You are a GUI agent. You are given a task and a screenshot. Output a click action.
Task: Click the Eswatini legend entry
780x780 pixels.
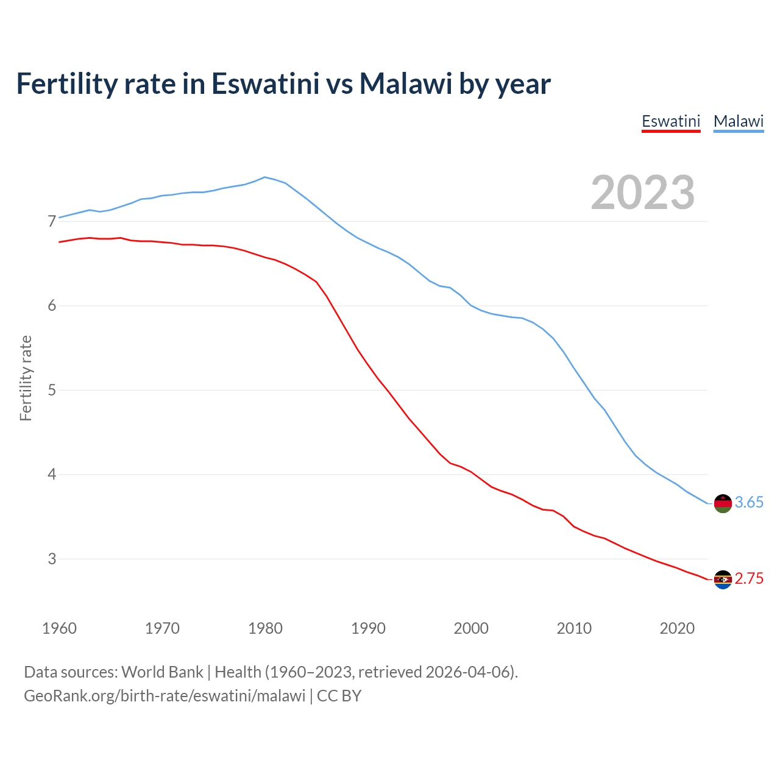[671, 121]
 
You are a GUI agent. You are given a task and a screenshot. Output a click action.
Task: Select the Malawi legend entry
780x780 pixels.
[739, 121]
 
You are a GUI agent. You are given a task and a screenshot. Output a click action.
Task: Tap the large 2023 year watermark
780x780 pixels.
[643, 193]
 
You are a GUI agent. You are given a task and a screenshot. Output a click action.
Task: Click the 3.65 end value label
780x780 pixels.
[749, 503]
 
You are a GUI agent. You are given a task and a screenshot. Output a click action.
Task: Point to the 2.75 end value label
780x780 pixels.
[749, 579]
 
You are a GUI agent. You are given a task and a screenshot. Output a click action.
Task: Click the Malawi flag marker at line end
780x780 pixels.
[723, 503]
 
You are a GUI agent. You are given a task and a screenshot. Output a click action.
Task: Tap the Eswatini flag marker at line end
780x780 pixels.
[723, 580]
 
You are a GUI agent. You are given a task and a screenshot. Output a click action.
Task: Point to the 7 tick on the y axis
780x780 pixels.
[52, 221]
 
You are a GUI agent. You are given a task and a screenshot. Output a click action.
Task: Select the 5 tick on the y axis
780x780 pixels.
[52, 390]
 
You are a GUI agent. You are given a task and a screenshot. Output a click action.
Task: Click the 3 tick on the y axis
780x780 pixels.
[52, 559]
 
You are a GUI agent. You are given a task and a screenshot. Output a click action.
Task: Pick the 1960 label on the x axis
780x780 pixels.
[59, 628]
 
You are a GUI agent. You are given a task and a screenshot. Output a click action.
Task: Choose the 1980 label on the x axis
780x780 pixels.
[265, 628]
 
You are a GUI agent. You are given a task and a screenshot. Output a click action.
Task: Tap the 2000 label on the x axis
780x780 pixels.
[471, 628]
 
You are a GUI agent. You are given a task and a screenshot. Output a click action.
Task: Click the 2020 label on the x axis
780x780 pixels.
[677, 628]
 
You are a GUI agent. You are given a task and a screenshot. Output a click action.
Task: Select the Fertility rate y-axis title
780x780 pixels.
[26, 378]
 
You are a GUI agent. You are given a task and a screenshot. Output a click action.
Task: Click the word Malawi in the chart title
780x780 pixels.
[405, 83]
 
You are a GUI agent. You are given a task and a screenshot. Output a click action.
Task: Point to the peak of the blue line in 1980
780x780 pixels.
[264, 177]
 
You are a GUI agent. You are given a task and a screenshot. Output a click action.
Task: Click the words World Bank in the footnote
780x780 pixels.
[162, 672]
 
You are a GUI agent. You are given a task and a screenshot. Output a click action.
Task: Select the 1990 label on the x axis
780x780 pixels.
[368, 628]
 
